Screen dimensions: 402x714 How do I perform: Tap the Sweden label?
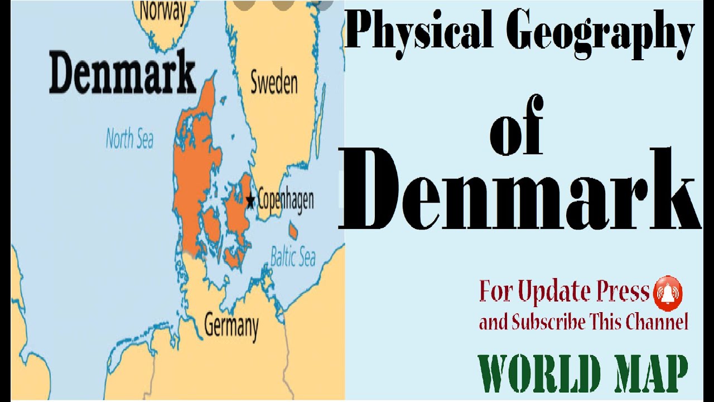pos(273,83)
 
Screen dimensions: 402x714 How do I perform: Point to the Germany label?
pos(231,326)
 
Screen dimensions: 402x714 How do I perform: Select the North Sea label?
pos(129,139)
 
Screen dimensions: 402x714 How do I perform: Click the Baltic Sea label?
pos(293,257)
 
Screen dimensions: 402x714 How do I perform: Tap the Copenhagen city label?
pos(285,199)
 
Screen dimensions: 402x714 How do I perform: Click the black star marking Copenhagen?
pos(250,199)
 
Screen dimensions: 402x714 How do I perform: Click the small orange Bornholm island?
pos(293,230)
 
